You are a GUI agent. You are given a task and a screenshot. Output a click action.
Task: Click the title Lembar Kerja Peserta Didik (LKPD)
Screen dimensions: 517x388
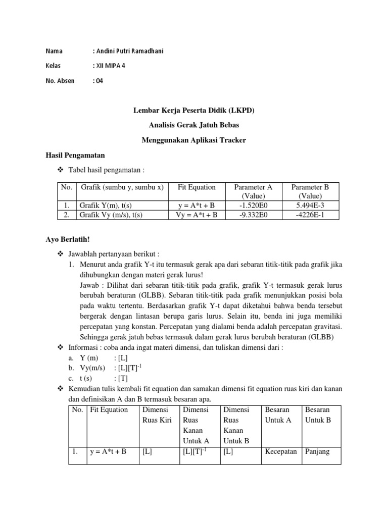193,110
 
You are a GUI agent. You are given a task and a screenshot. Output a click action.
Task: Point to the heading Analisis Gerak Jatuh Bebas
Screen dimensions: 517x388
193,125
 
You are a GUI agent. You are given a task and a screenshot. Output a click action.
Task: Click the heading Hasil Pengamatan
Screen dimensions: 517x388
75,155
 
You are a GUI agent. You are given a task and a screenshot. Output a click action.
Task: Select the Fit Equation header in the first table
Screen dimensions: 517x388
197,187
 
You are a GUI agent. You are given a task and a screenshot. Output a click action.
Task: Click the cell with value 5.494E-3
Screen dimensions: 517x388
310,205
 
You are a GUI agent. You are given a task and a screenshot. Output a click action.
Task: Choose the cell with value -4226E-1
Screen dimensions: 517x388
310,215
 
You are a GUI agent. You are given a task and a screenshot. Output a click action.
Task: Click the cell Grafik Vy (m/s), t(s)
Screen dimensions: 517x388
111,215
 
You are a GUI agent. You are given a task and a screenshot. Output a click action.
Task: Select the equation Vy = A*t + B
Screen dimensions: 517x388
197,215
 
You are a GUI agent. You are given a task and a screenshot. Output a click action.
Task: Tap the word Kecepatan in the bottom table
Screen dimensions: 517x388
281,452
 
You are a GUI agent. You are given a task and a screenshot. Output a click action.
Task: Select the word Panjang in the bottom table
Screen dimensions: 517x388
317,452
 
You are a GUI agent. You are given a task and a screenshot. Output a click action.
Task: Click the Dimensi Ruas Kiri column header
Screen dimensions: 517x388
158,415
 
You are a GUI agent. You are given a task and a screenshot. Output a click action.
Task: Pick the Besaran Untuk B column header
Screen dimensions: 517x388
318,415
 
